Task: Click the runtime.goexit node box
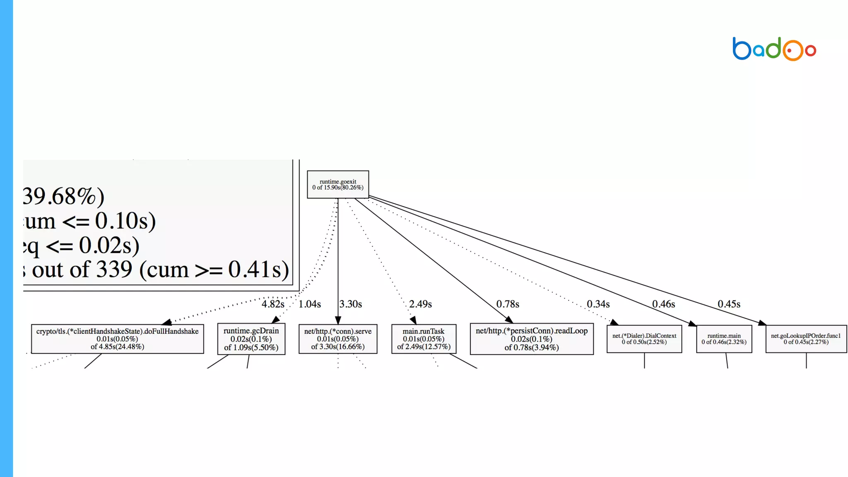pyautogui.click(x=338, y=184)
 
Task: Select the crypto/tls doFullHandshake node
pyautogui.click(x=117, y=339)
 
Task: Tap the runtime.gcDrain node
pyautogui.click(x=251, y=339)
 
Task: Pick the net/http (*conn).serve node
pyautogui.click(x=338, y=339)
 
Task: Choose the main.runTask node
pyautogui.click(x=424, y=339)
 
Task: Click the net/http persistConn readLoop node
pyautogui.click(x=532, y=339)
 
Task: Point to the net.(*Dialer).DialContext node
pyautogui.click(x=644, y=339)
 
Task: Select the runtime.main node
pyautogui.click(x=724, y=339)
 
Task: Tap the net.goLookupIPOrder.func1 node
pyautogui.click(x=806, y=339)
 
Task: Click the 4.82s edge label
pyautogui.click(x=273, y=304)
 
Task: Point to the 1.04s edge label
pyautogui.click(x=310, y=304)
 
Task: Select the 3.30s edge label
pyautogui.click(x=351, y=304)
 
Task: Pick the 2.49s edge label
pyautogui.click(x=420, y=304)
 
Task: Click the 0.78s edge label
pyautogui.click(x=508, y=304)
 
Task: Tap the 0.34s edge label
pyautogui.click(x=598, y=304)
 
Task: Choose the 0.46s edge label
pyautogui.click(x=663, y=304)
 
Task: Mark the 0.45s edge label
pyautogui.click(x=729, y=304)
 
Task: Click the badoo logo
pyautogui.click(x=774, y=49)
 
